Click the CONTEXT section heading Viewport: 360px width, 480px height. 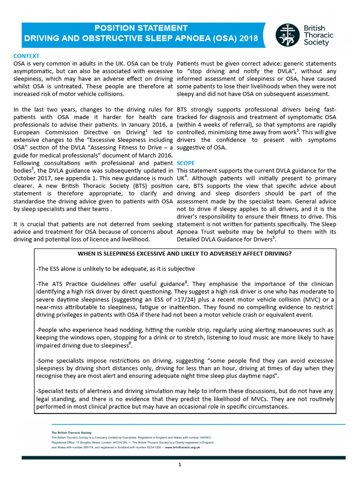tap(26, 56)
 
